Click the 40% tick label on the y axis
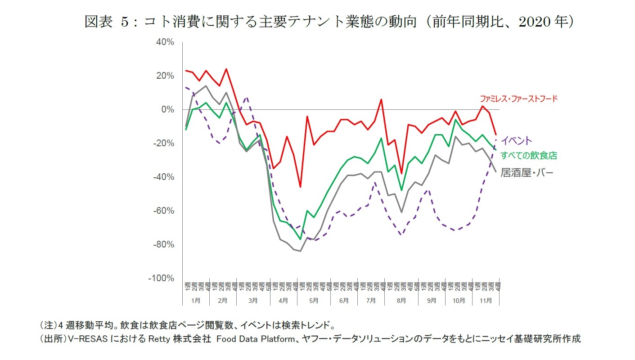point(165,42)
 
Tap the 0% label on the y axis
point(168,109)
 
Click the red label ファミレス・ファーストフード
point(518,99)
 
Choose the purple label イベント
point(516,141)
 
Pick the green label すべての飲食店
point(529,156)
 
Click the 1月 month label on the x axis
point(196,300)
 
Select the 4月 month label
point(284,300)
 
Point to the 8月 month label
point(401,300)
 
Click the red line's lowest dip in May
point(300,187)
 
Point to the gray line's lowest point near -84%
point(300,251)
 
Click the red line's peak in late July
point(381,99)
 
